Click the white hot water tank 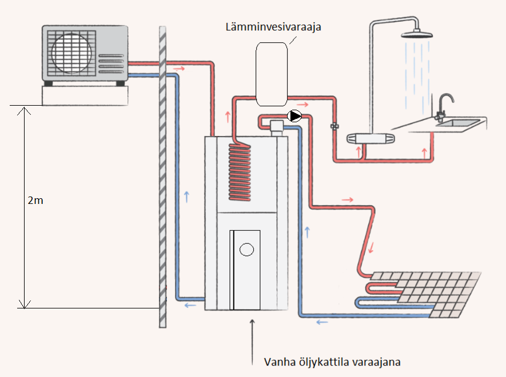272,74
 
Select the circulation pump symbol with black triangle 294,117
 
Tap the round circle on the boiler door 247,250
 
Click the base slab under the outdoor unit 86,95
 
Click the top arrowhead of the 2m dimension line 23,109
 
